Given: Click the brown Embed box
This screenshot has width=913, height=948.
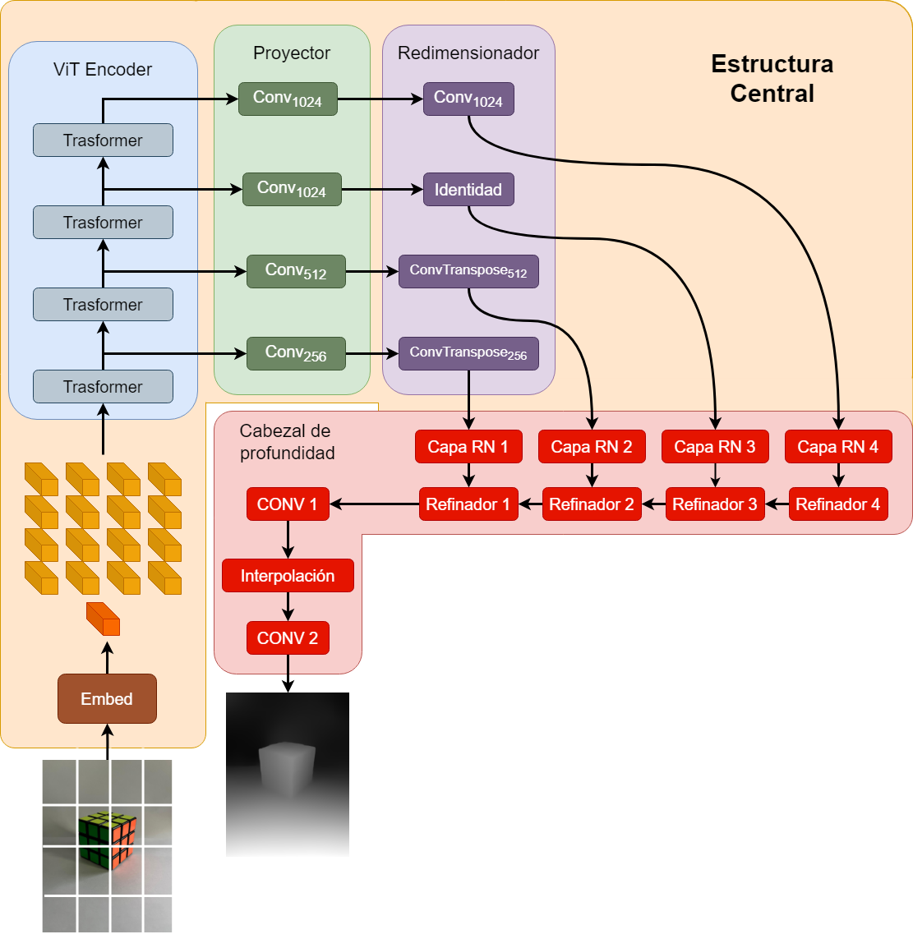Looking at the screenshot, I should tap(107, 699).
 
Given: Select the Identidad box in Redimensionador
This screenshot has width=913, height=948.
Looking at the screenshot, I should tap(468, 190).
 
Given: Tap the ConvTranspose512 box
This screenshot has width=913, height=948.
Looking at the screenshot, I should tap(468, 271).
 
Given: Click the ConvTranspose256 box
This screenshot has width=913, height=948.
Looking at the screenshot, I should tap(468, 353).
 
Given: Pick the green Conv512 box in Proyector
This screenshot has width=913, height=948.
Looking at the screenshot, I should tap(296, 271).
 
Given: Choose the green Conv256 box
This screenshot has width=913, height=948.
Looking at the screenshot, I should tap(296, 353).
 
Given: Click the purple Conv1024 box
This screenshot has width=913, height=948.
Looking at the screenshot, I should tap(468, 99).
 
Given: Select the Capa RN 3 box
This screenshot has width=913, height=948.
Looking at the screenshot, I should tap(715, 447).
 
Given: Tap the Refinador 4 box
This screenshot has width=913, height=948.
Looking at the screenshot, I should tap(838, 504).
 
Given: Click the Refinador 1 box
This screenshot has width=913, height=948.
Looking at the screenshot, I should tap(468, 504).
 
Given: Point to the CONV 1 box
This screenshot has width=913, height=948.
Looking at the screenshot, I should tap(288, 504).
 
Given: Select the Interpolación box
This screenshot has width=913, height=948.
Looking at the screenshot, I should tap(288, 576).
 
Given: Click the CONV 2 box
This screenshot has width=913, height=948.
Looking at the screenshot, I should tap(288, 638).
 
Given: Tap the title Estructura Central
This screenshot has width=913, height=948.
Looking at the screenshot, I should tap(772, 79).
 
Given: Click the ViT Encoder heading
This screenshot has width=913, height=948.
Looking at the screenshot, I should tap(103, 70).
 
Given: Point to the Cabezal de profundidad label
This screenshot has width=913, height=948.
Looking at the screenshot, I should tap(286, 442).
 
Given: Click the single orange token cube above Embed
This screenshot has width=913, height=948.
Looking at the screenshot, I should tap(104, 619).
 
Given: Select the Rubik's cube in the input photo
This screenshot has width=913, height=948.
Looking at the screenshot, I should tap(107, 840).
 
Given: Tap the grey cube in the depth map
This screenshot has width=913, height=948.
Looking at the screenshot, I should tap(287, 770).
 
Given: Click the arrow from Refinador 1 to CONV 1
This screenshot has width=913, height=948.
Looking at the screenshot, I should tap(374, 504).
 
